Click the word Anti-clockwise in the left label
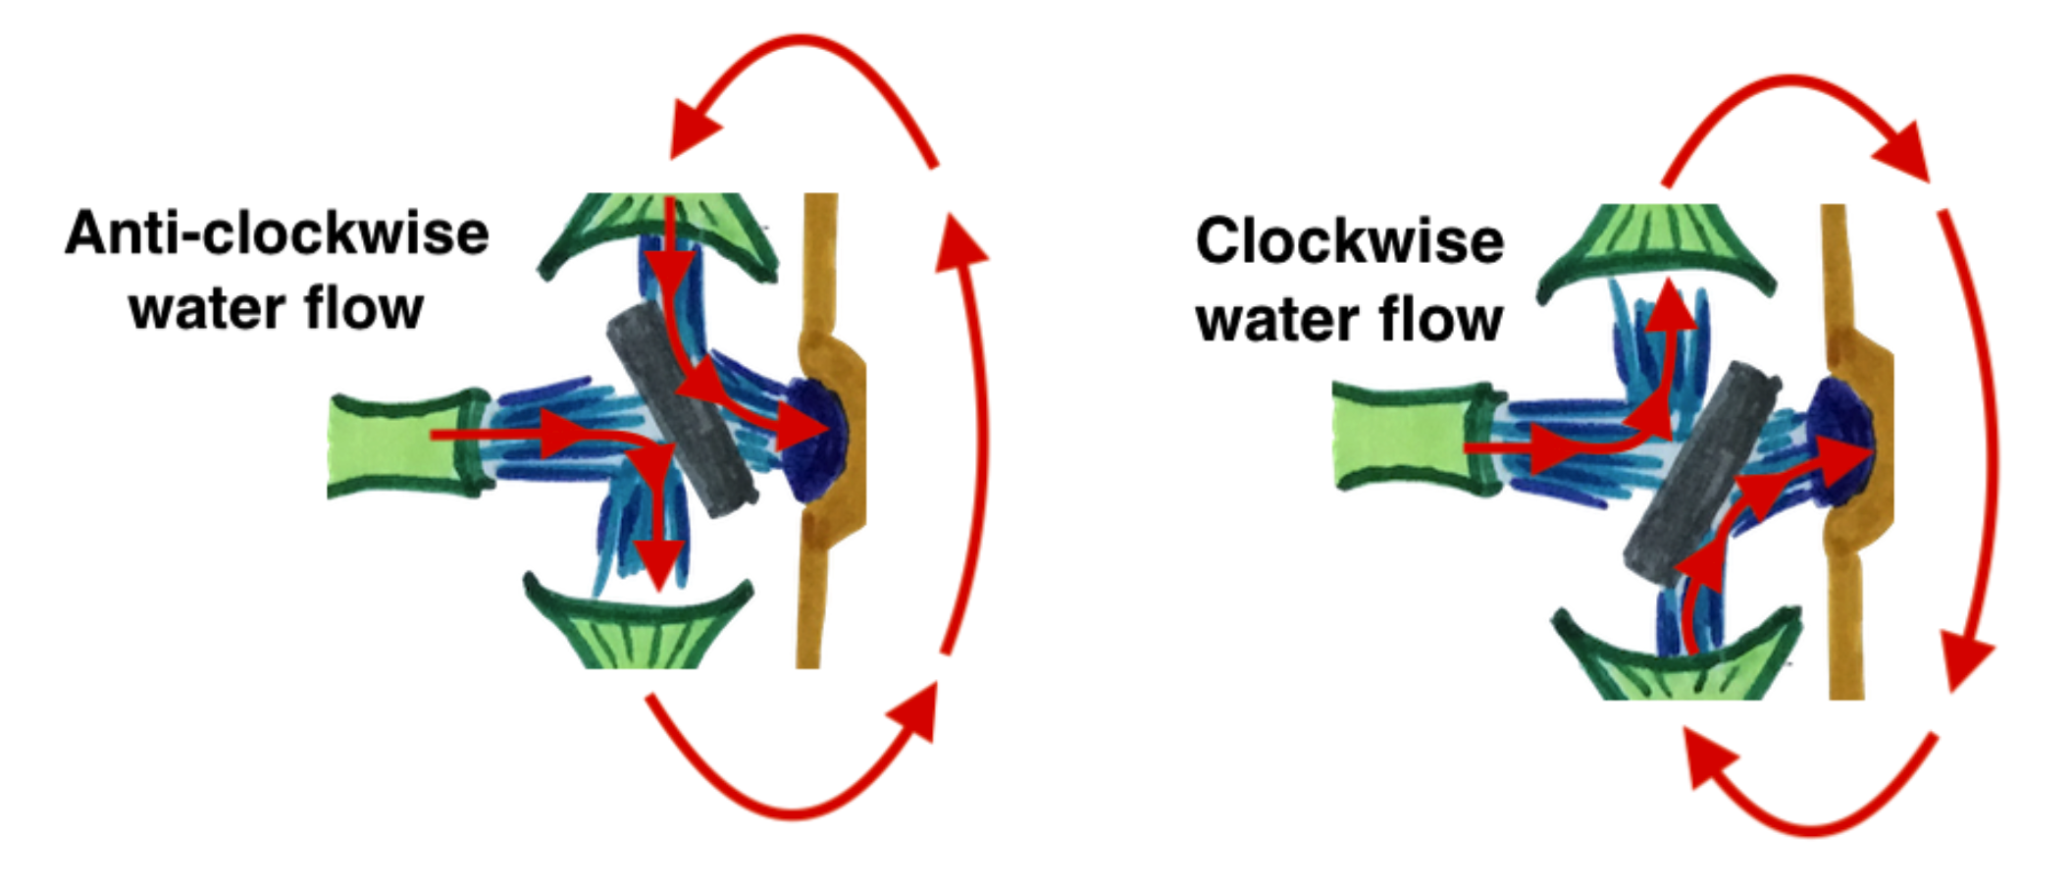277,234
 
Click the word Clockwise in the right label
1349,241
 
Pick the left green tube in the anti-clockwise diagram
402,443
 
